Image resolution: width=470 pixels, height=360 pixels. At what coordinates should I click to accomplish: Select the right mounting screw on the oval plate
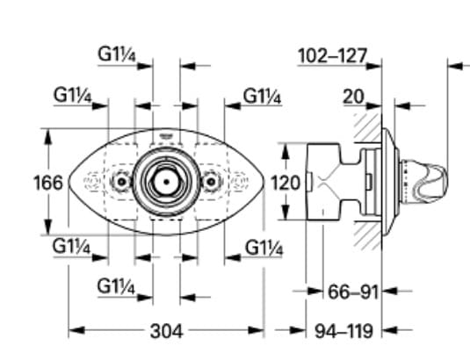[210, 182]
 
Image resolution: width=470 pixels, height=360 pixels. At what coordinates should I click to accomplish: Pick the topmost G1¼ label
[116, 53]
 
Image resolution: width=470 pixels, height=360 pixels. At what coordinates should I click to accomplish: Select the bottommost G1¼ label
[116, 286]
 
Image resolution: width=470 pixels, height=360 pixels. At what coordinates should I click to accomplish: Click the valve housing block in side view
[327, 183]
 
